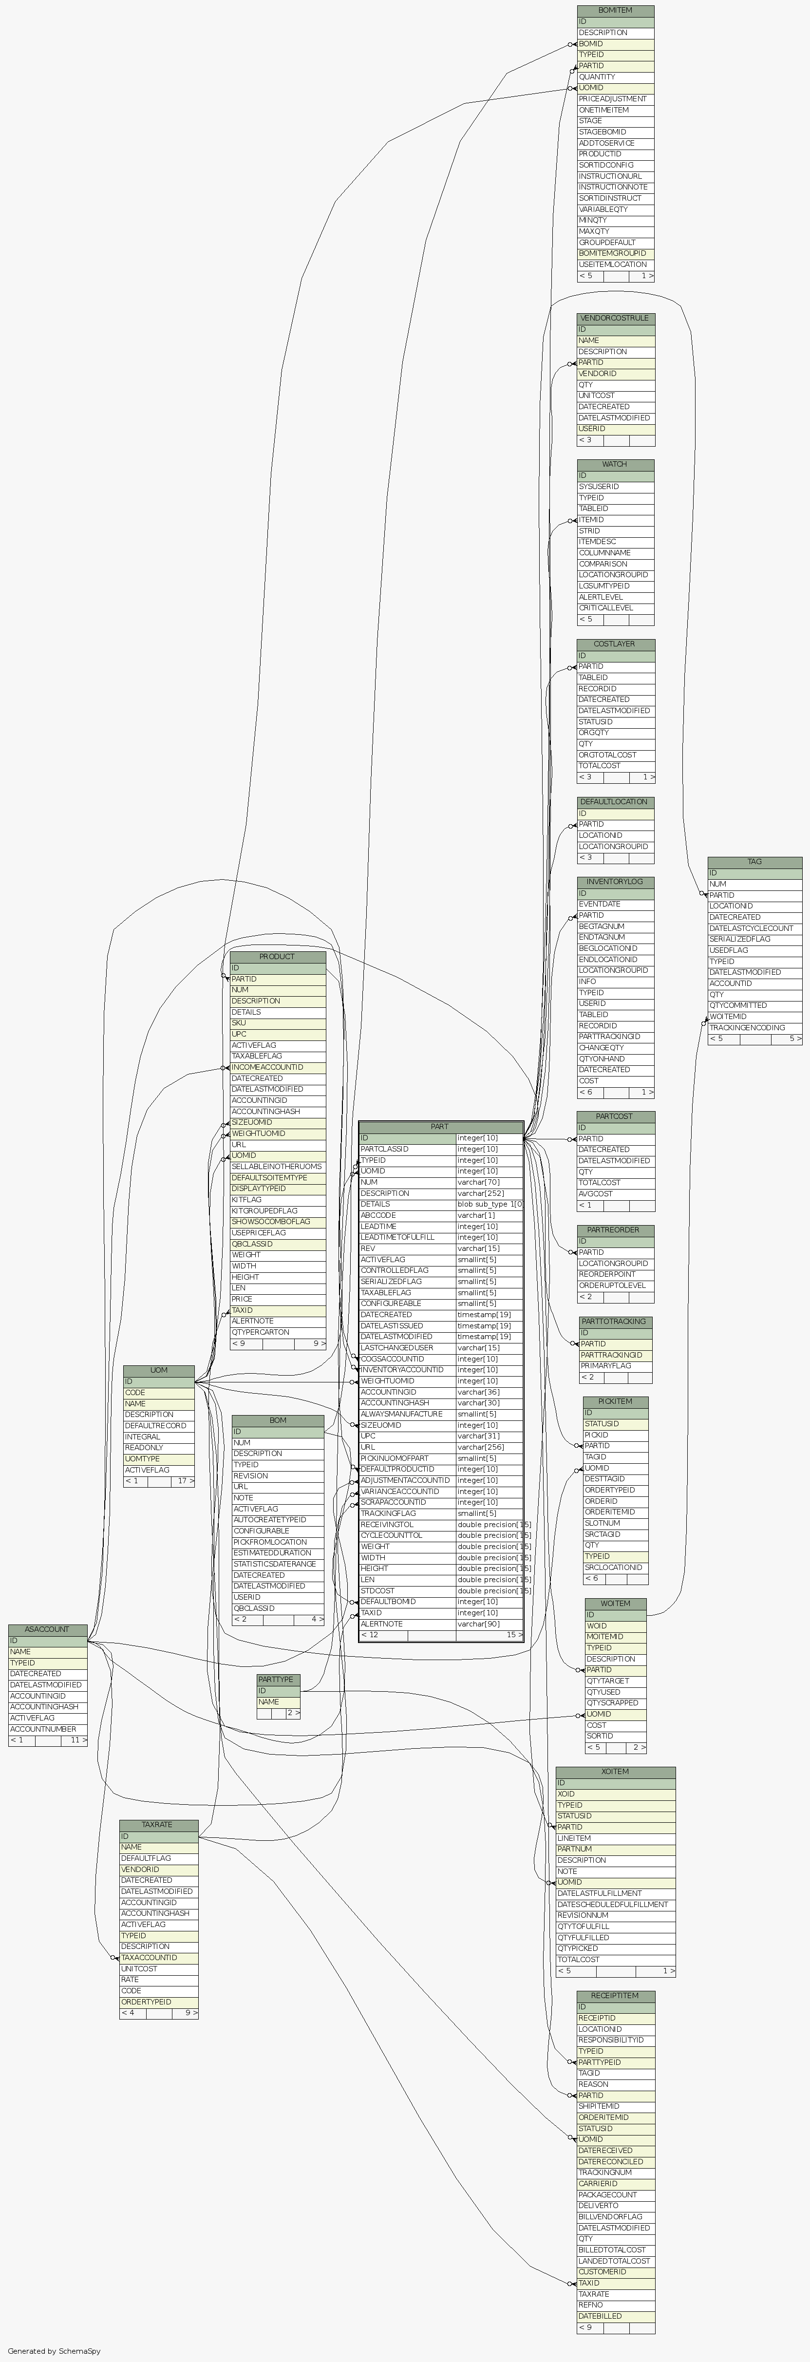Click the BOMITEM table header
click(615, 10)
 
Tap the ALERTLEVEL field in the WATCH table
click(600, 597)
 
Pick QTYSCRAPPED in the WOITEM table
click(613, 1703)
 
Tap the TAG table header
click(754, 862)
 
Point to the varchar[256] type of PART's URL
click(477, 1447)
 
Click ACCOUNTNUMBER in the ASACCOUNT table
click(43, 1728)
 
